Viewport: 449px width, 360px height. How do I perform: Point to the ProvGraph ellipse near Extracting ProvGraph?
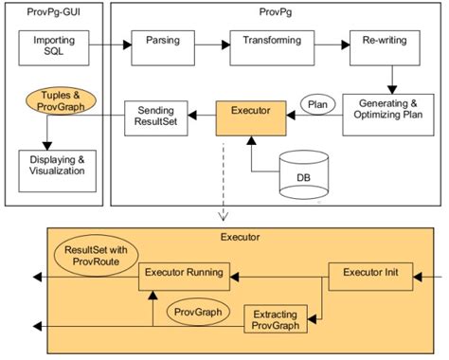(x=194, y=309)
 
